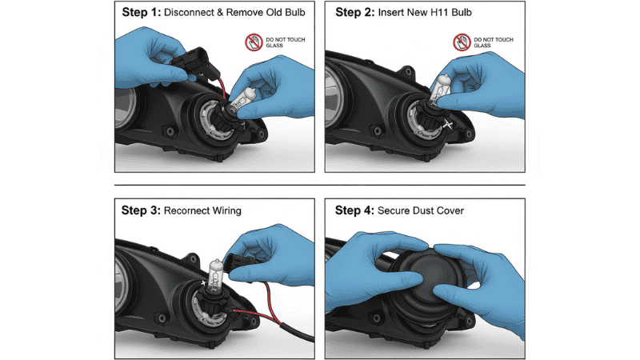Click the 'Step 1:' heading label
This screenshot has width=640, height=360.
(x=142, y=14)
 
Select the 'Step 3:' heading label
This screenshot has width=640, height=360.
(x=140, y=210)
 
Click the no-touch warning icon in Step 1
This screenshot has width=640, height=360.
(x=252, y=42)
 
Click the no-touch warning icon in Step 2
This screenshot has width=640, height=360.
(x=462, y=42)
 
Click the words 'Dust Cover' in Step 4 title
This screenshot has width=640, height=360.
(x=446, y=210)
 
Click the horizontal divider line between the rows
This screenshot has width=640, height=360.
(x=320, y=186)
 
